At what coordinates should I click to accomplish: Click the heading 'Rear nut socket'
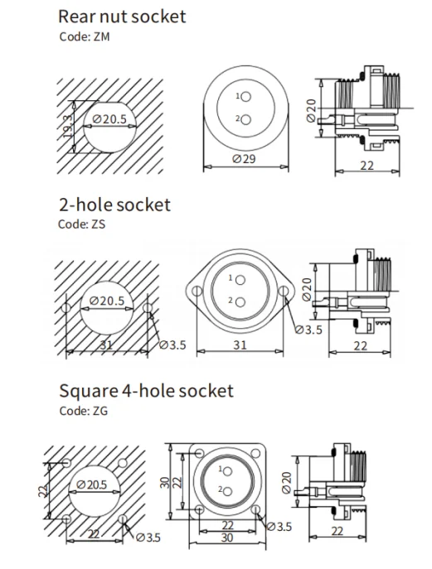pyautogui.click(x=122, y=17)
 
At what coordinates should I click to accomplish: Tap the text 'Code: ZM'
pyautogui.click(x=85, y=36)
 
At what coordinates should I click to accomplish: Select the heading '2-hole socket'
pyautogui.click(x=114, y=205)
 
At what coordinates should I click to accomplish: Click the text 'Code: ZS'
pyautogui.click(x=82, y=224)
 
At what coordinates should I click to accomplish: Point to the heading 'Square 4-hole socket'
pyautogui.click(x=147, y=391)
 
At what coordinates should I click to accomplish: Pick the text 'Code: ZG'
pyautogui.click(x=84, y=411)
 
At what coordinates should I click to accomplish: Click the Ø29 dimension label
pyautogui.click(x=244, y=158)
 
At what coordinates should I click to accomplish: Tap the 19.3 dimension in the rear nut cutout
pyautogui.click(x=66, y=127)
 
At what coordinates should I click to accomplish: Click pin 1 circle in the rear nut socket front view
pyautogui.click(x=246, y=97)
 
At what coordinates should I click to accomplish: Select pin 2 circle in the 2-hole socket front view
pyautogui.click(x=240, y=302)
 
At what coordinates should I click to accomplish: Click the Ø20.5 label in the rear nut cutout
pyautogui.click(x=109, y=118)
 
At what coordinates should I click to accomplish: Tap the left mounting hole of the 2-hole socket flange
pyautogui.click(x=197, y=291)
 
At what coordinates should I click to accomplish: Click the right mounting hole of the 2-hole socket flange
pyautogui.click(x=284, y=291)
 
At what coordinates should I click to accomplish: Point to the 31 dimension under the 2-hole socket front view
pyautogui.click(x=240, y=345)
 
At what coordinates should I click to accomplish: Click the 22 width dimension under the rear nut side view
pyautogui.click(x=367, y=166)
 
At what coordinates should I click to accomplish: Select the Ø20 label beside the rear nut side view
pyautogui.click(x=312, y=111)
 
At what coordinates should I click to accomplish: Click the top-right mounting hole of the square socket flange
pyautogui.click(x=255, y=453)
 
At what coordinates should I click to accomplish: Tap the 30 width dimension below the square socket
pyautogui.click(x=227, y=538)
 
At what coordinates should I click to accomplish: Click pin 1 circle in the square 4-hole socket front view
pyautogui.click(x=228, y=471)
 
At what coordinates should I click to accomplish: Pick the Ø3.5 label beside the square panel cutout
pyautogui.click(x=148, y=537)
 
